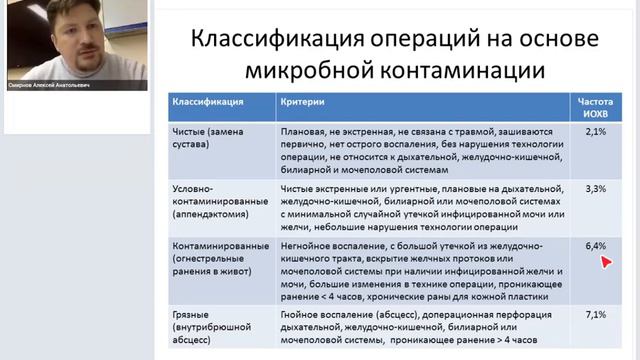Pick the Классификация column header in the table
pos(207,103)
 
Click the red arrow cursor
pos(605,262)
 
